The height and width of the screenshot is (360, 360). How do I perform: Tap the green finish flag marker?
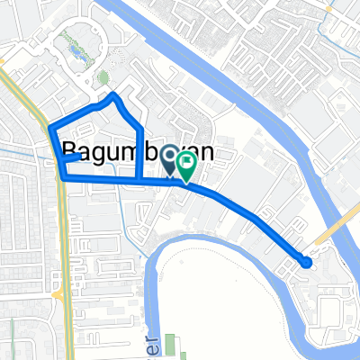coord(188,164)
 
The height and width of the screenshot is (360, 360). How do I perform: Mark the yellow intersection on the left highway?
coord(56,294)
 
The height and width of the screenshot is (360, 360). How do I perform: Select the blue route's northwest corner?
coord(48,126)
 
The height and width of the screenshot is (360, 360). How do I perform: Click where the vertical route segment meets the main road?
coord(138,180)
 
